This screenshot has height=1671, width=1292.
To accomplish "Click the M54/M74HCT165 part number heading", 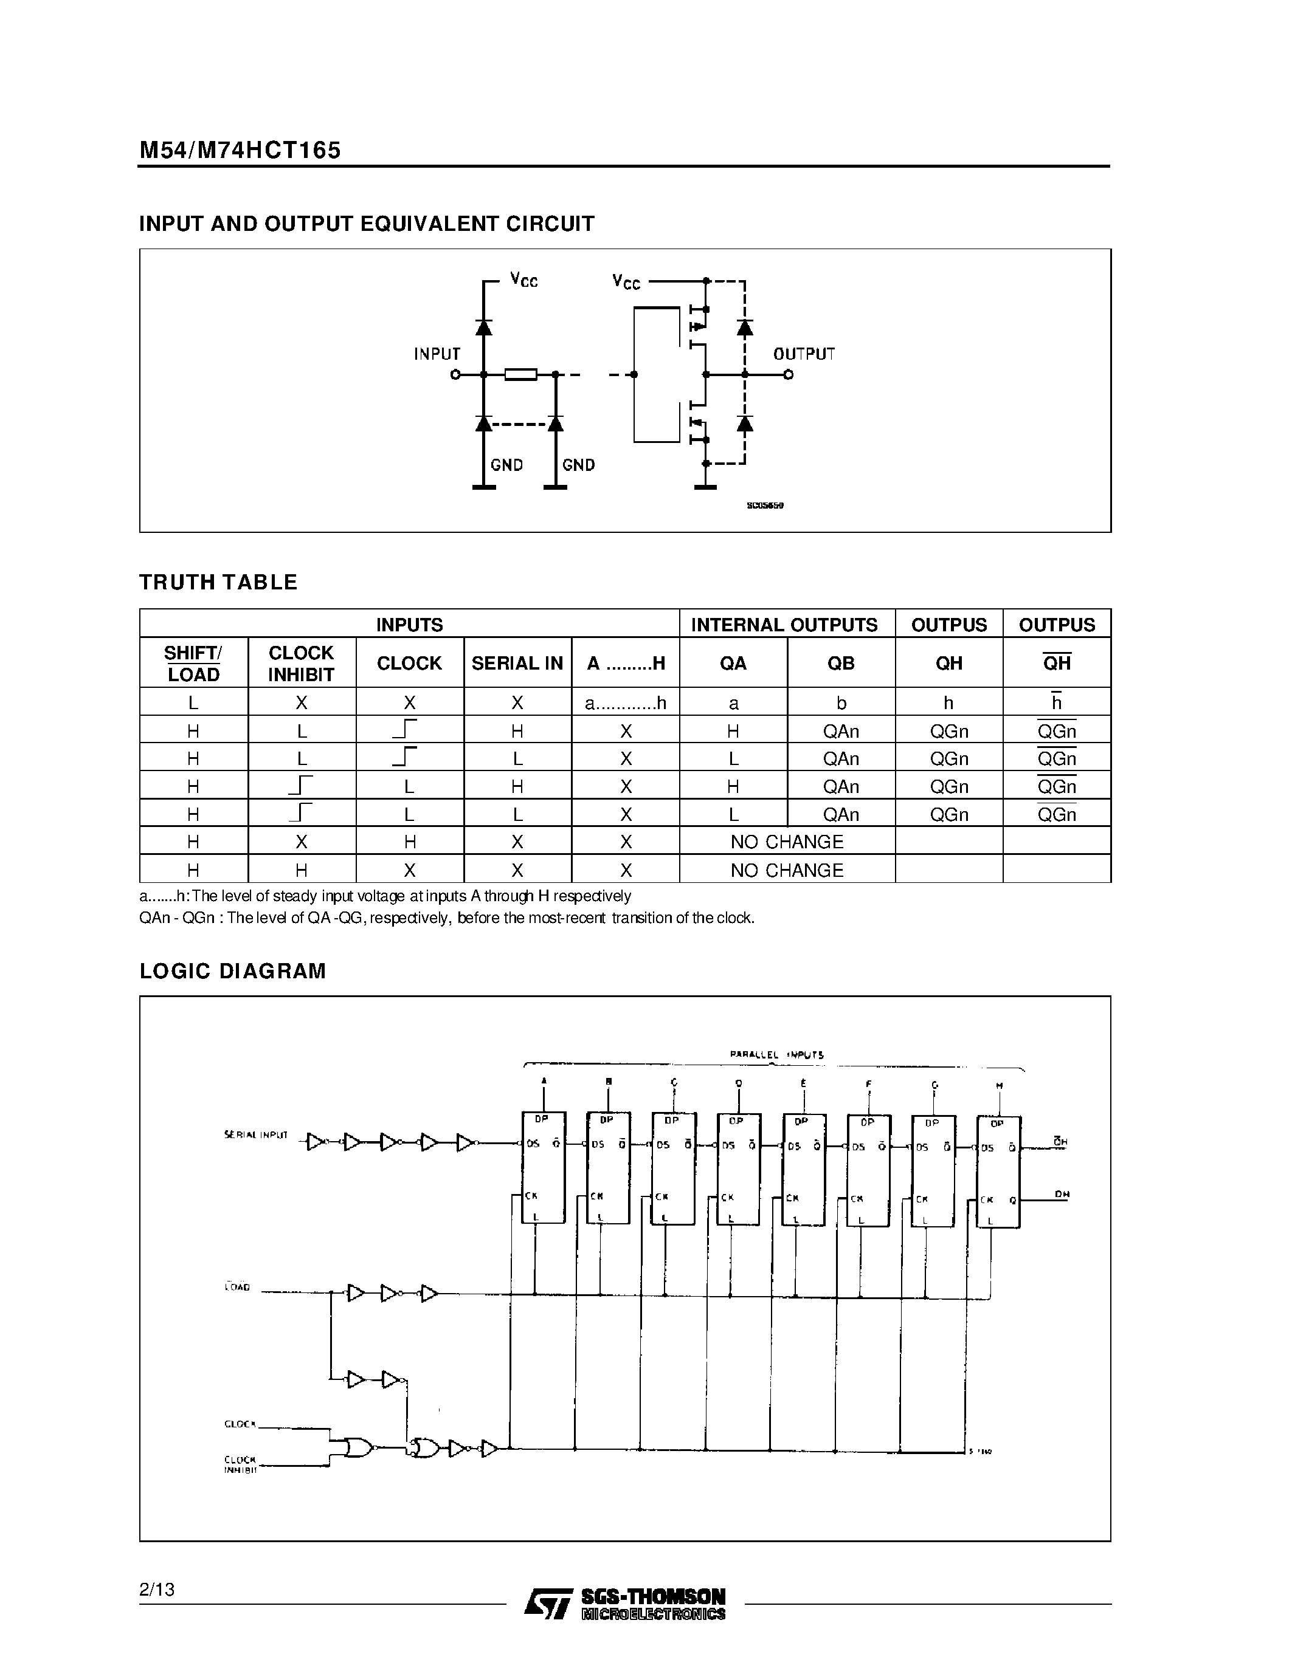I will (x=240, y=150).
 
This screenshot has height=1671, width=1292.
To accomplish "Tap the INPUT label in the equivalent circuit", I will (x=437, y=354).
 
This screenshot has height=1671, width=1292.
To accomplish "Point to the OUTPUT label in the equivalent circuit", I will (x=804, y=354).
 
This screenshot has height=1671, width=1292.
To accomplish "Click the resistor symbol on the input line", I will (x=520, y=374).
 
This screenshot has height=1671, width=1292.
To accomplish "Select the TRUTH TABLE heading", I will (x=218, y=582).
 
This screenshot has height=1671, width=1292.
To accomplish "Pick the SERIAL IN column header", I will (x=517, y=664).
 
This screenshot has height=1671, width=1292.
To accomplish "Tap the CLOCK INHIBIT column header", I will (x=301, y=664).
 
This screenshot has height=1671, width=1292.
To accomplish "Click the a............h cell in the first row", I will (x=626, y=703).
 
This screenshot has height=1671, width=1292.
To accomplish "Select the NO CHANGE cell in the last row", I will (x=786, y=870).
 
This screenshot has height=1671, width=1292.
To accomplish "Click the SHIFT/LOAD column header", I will (x=193, y=664).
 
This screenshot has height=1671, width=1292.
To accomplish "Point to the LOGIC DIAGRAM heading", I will (x=233, y=971).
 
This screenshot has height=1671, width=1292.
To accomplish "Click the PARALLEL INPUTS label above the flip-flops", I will (x=776, y=1054).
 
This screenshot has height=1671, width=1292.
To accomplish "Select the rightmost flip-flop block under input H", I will (x=998, y=1172).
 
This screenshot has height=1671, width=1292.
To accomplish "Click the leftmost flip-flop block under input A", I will (x=544, y=1167).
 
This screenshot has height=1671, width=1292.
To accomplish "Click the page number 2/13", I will (x=157, y=1589).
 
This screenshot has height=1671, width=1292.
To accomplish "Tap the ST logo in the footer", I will (x=547, y=1602).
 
